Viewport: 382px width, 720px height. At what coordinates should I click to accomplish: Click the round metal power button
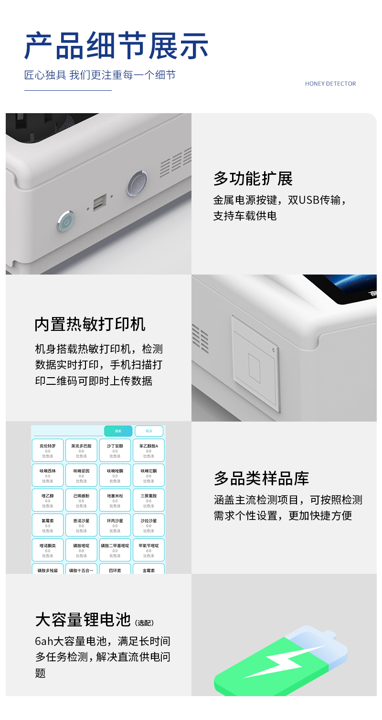[x=66, y=222]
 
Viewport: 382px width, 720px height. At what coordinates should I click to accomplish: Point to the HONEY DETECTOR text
[x=330, y=84]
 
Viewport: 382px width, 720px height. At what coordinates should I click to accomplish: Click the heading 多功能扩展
[x=253, y=179]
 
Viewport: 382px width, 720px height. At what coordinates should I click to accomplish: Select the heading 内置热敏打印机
[x=90, y=324]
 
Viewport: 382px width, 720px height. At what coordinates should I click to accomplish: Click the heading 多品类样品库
[x=261, y=478]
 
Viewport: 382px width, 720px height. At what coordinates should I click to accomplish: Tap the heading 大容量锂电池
[x=83, y=619]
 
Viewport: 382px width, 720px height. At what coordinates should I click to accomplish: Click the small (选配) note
[x=144, y=623]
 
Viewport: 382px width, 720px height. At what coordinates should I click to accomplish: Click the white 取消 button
[x=149, y=431]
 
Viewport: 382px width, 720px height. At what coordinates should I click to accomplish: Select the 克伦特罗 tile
[x=48, y=450]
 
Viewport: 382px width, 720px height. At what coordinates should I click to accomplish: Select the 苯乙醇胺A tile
[x=149, y=450]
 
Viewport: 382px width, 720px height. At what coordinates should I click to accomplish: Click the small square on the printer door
[x=255, y=368]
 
